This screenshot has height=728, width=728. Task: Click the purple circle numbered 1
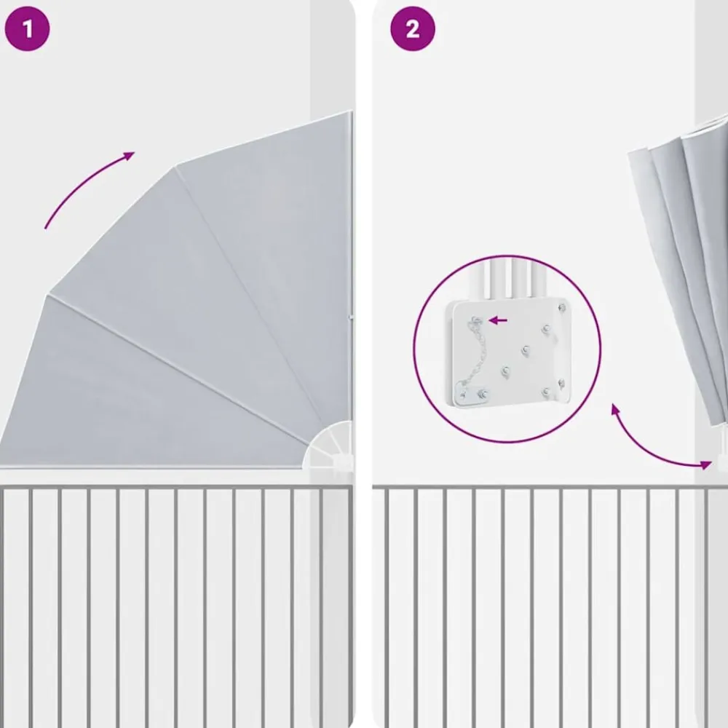click(x=27, y=29)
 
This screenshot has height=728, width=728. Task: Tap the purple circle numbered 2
click(x=413, y=29)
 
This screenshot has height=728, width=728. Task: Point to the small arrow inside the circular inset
click(x=498, y=320)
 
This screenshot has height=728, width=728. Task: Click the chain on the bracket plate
click(x=470, y=355)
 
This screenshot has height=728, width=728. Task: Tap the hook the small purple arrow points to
click(x=476, y=320)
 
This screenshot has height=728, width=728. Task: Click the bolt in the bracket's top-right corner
click(x=562, y=307)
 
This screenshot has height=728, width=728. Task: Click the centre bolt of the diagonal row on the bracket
click(x=526, y=351)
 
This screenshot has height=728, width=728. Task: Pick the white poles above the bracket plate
click(x=511, y=279)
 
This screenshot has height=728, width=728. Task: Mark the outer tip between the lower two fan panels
click(x=49, y=295)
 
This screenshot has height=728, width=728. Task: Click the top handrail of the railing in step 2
click(x=550, y=487)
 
